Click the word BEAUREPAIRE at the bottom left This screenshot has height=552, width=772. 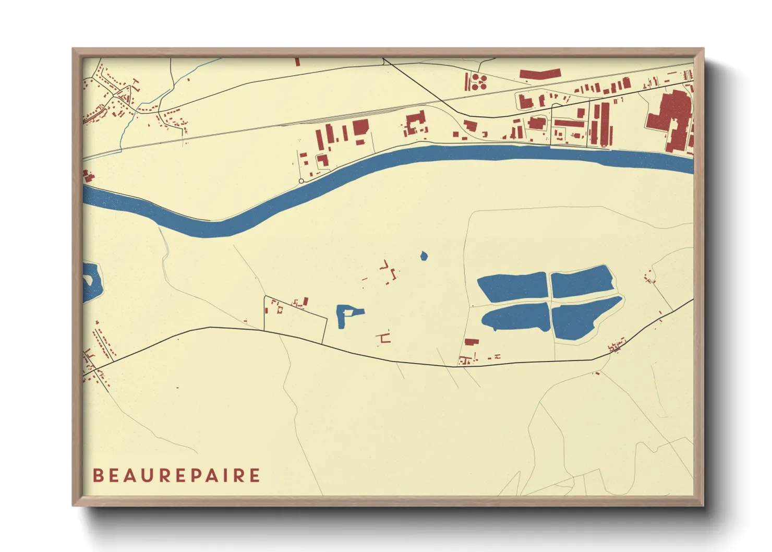pyautogui.click(x=176, y=475)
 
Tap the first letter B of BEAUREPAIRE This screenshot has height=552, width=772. pyautogui.click(x=98, y=475)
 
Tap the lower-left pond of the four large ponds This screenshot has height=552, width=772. pyautogui.click(x=516, y=317)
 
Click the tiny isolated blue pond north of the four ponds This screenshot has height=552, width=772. pyautogui.click(x=424, y=256)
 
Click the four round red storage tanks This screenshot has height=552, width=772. pyautogui.click(x=479, y=81)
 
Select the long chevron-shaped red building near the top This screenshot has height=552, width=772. pyautogui.click(x=540, y=74)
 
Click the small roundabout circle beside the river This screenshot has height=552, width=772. pyautogui.click(x=301, y=181)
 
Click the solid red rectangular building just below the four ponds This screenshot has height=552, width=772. pyautogui.click(x=472, y=342)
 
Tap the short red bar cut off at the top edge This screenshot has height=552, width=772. pyautogui.click(x=297, y=62)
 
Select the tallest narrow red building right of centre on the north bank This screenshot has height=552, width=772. pyautogui.click(x=605, y=124)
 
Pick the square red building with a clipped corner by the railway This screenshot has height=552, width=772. pyautogui.click(x=360, y=127)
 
